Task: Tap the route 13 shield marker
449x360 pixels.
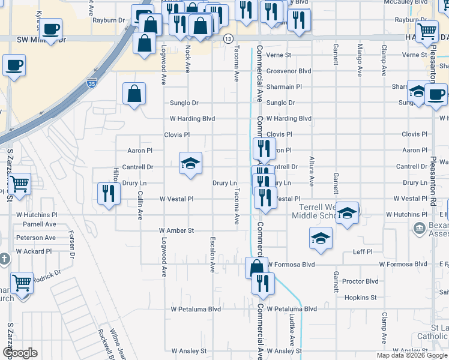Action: tap(228, 38)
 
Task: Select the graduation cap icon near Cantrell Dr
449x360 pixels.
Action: tap(190, 163)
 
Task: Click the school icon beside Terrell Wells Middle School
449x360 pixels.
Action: tap(347, 212)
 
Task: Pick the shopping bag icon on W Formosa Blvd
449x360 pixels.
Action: tap(256, 267)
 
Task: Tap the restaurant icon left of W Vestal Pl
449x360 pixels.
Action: tap(109, 193)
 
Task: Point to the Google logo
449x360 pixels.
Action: tap(20, 353)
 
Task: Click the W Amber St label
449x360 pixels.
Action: tap(176, 230)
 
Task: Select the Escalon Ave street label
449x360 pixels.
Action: tap(212, 254)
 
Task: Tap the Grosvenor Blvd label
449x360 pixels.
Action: tap(289, 71)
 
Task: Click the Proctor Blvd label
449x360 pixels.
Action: tap(360, 281)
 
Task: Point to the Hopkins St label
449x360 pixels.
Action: tap(361, 298)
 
